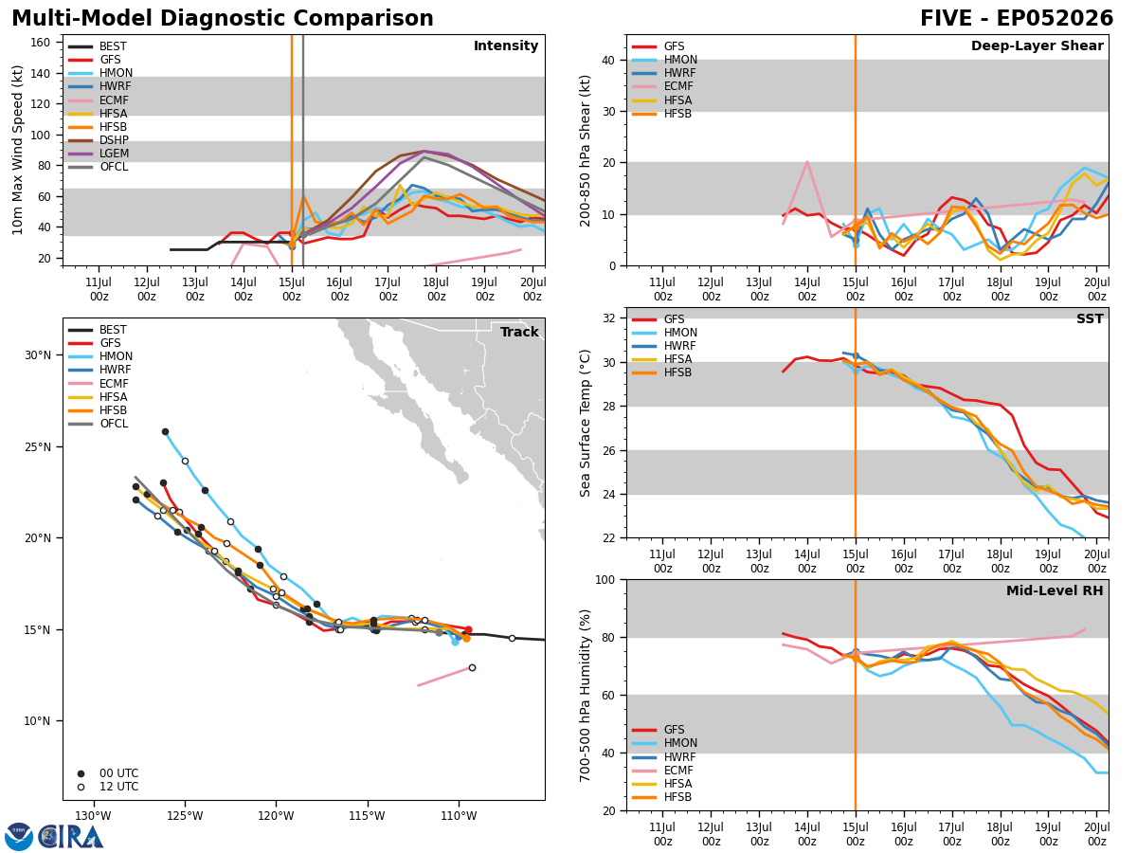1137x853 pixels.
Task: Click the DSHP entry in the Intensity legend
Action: pos(99,140)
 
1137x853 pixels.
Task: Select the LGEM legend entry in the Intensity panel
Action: pos(99,154)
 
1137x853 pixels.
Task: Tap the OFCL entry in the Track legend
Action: pos(99,424)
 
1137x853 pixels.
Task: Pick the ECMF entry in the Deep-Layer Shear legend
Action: pos(662,86)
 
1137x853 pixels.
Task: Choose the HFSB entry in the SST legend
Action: pos(661,372)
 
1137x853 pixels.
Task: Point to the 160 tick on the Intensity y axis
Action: pos(40,43)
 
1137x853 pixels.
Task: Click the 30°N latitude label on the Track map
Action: pos(38,355)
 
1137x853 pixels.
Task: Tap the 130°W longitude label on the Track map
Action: pos(93,816)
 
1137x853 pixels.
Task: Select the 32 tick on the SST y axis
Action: pos(609,318)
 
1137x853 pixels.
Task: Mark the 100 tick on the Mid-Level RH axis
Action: pos(605,580)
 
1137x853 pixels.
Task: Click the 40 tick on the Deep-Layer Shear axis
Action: pos(609,60)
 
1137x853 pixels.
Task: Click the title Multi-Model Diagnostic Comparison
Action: pos(223,19)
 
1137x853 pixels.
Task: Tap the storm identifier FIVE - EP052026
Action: pos(1017,19)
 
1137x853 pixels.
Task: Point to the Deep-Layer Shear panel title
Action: pos(1037,45)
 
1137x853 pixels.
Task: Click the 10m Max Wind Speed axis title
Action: pos(17,150)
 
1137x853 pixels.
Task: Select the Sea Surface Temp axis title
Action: pos(585,424)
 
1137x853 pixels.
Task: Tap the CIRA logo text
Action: pos(70,837)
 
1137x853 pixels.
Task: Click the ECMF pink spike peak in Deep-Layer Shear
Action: pos(807,161)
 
